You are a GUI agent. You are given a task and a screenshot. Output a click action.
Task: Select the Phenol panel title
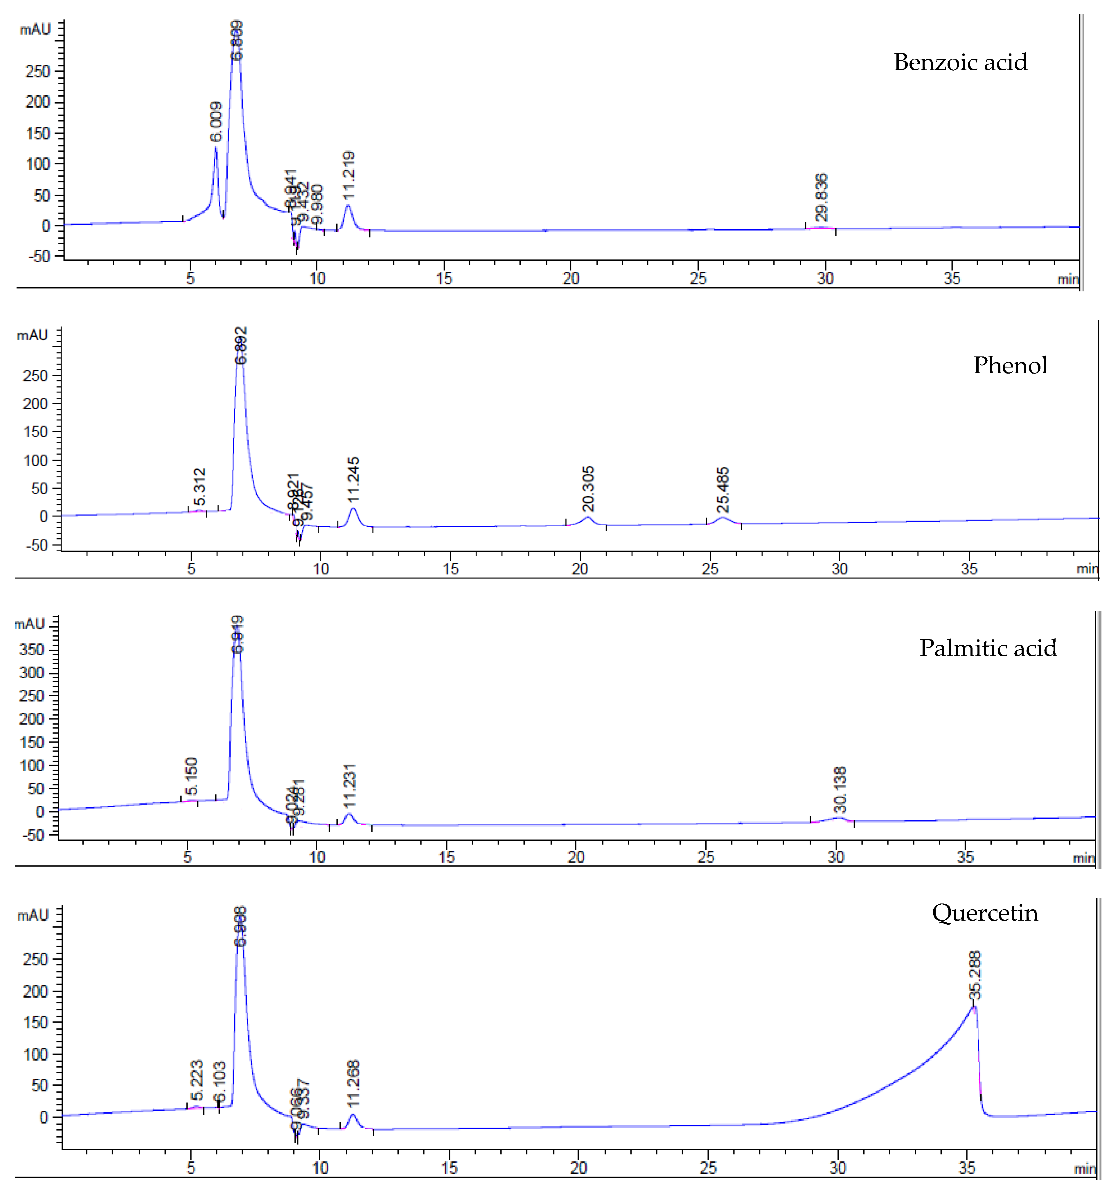(x=1010, y=365)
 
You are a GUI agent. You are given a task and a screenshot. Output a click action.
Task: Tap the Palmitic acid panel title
(x=988, y=648)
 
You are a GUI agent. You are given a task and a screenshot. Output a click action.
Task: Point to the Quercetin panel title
(x=985, y=913)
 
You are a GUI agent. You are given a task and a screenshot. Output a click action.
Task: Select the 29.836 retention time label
(x=822, y=197)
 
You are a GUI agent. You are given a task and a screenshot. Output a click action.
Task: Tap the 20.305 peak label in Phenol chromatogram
(x=588, y=488)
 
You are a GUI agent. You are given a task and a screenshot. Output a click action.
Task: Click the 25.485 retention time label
(x=723, y=489)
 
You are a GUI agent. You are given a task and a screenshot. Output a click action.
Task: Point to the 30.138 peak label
(x=840, y=789)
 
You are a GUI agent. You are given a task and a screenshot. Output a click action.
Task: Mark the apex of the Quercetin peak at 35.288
(x=974, y=1007)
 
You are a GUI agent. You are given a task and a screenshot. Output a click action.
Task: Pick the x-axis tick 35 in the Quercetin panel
(x=967, y=1168)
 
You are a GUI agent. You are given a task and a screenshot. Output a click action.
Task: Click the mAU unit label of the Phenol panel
(x=33, y=335)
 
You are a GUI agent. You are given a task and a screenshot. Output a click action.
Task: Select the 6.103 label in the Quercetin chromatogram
(x=220, y=1080)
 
